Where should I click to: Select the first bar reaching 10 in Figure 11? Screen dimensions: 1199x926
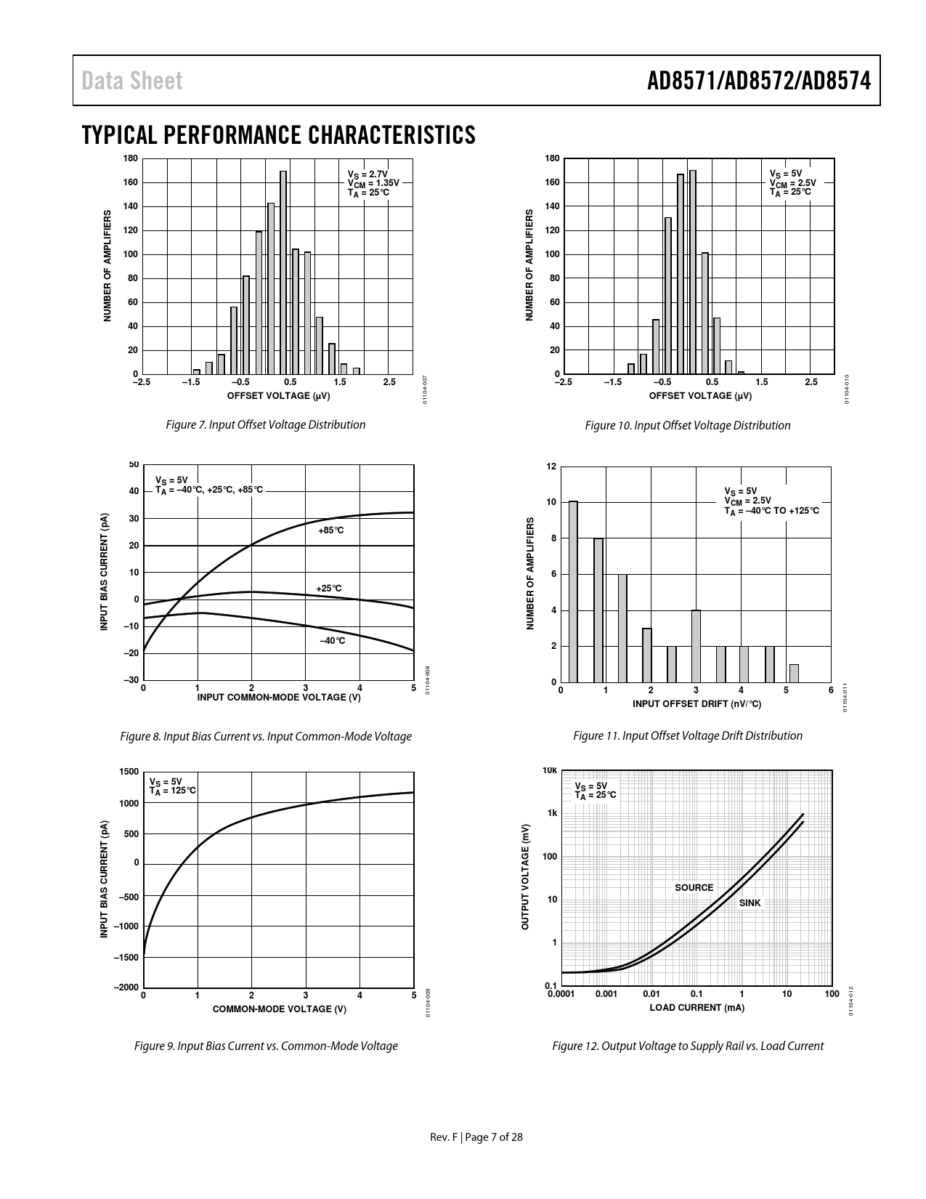tap(573, 592)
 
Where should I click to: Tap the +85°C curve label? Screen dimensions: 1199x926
tap(330, 530)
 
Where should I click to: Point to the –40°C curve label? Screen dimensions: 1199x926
tap(333, 640)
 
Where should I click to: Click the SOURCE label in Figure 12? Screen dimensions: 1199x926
tap(694, 887)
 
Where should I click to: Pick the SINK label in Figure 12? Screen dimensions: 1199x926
tap(750, 903)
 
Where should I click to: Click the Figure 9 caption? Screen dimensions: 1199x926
tap(266, 1046)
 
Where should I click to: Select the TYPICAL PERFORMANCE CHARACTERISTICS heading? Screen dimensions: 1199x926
tap(279, 135)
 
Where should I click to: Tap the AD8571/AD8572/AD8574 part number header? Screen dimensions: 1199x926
tap(758, 81)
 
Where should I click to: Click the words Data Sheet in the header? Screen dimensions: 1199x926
tap(132, 81)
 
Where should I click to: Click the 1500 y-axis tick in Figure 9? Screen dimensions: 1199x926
tap(129, 771)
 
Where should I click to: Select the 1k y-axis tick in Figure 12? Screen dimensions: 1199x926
tap(553, 813)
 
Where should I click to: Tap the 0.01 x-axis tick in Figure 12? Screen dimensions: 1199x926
tap(651, 994)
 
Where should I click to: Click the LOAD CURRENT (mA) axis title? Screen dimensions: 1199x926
tap(696, 1007)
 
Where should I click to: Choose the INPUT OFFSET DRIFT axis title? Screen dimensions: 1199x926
tap(696, 703)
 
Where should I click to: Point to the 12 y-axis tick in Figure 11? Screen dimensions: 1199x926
tap(552, 466)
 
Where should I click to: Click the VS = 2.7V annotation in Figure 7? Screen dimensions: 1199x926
tap(367, 174)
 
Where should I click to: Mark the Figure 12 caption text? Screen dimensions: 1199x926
tap(688, 1046)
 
